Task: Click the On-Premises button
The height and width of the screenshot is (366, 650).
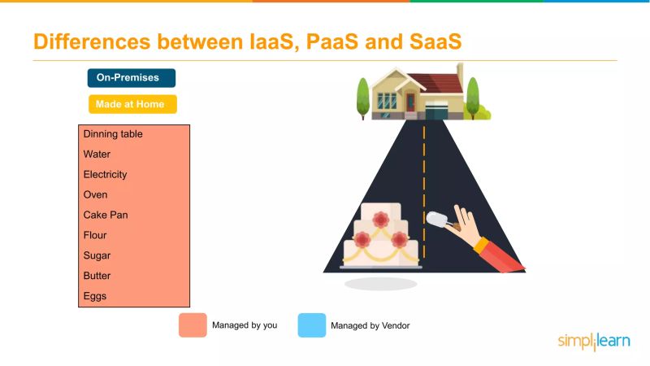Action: coord(132,78)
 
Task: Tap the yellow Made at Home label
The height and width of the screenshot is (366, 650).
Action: coord(132,104)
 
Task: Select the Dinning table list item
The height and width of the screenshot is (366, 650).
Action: coord(113,134)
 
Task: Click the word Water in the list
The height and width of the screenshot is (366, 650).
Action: coord(97,155)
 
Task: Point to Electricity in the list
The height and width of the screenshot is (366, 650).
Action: coord(105,175)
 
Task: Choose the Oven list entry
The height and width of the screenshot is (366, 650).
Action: coord(95,195)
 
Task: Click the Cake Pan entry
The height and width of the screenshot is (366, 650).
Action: coord(106,216)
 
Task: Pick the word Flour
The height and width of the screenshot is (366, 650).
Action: coord(95,236)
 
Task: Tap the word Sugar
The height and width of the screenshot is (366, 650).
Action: coord(96,256)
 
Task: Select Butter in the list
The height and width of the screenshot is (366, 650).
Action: coord(97,277)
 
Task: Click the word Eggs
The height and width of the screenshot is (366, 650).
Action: coord(95,297)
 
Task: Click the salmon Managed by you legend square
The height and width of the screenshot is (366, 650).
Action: coord(193,325)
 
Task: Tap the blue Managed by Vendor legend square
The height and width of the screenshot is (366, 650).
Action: coord(311,325)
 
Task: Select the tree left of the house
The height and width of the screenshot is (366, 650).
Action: coord(363,98)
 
